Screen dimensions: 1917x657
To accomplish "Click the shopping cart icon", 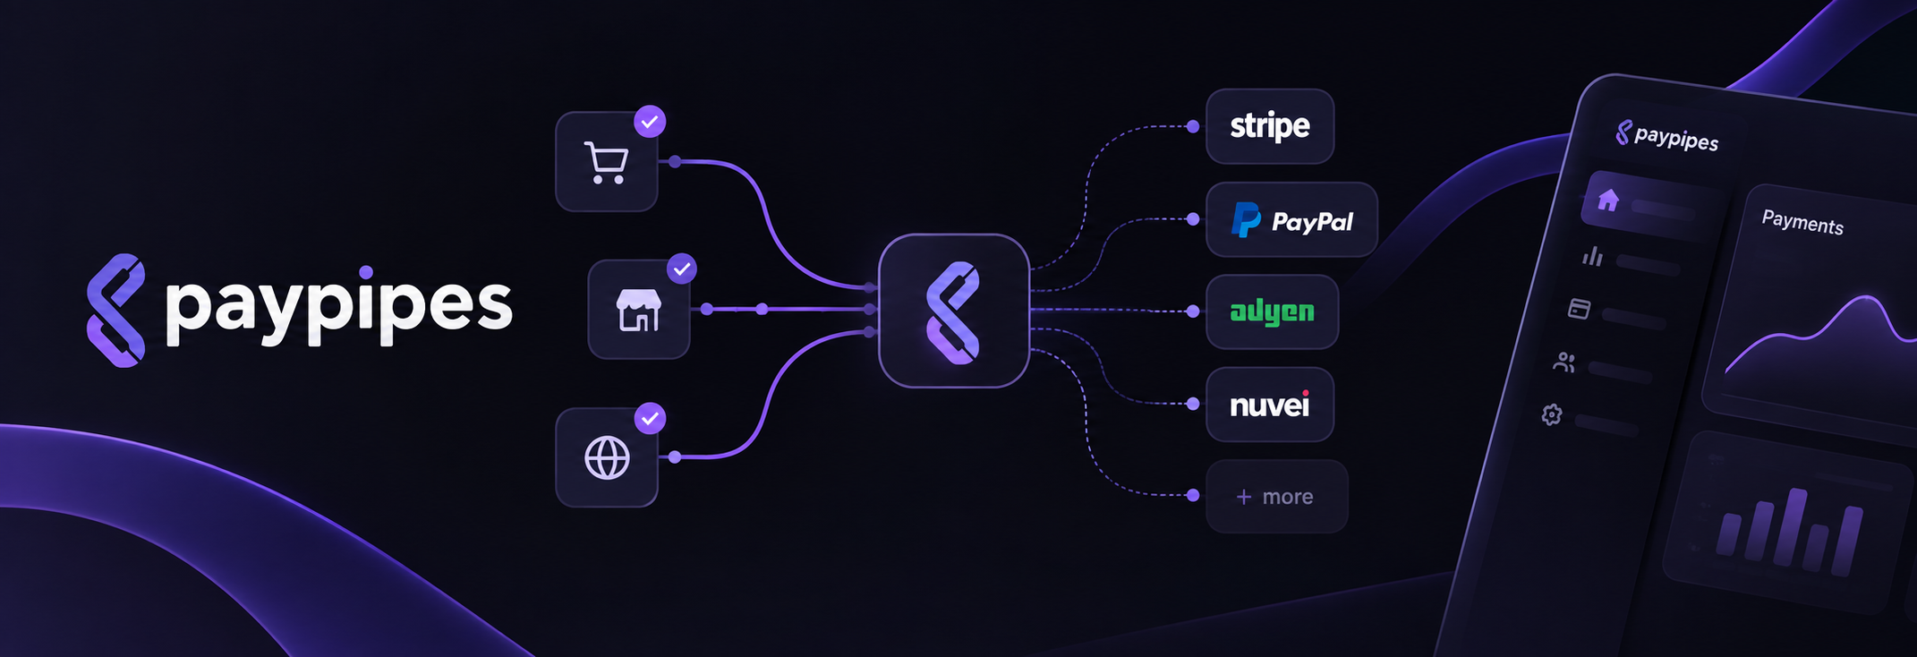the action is click(606, 163).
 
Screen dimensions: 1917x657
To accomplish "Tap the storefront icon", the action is click(639, 310).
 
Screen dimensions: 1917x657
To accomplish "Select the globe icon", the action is click(607, 458).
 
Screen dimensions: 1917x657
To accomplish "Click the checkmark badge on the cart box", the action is click(650, 121).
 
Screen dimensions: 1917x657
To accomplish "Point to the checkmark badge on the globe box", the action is click(650, 418).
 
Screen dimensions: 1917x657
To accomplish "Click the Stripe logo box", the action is click(1270, 126).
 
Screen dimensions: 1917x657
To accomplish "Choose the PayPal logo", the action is click(1292, 220).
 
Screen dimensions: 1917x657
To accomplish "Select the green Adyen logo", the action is click(1272, 311).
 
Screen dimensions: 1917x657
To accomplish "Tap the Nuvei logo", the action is click(1270, 405).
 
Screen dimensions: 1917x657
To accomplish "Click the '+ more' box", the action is click(1277, 497).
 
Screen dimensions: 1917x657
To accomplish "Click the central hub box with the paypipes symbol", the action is click(954, 311).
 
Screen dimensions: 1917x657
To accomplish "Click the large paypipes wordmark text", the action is click(338, 306).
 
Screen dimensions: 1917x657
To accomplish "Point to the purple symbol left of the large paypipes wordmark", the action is click(115, 311).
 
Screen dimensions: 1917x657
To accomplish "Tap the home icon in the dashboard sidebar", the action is click(1608, 200).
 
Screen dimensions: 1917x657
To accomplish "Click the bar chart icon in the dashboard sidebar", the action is click(1592, 257).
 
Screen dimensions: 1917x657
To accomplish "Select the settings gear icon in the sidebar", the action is click(1552, 414).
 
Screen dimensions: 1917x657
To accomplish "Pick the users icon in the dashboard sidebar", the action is click(1564, 362).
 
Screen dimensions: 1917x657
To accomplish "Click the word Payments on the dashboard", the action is click(1802, 222).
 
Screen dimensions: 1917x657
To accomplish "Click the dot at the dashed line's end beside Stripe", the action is click(1193, 126).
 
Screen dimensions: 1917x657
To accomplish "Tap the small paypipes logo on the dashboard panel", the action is click(1666, 136).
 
